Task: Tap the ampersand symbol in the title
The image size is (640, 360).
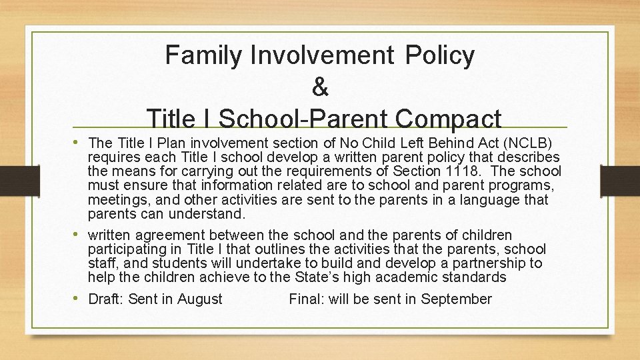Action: pos(320,87)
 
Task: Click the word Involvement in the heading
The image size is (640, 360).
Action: pos(322,55)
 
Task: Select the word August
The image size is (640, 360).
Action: pos(199,299)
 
